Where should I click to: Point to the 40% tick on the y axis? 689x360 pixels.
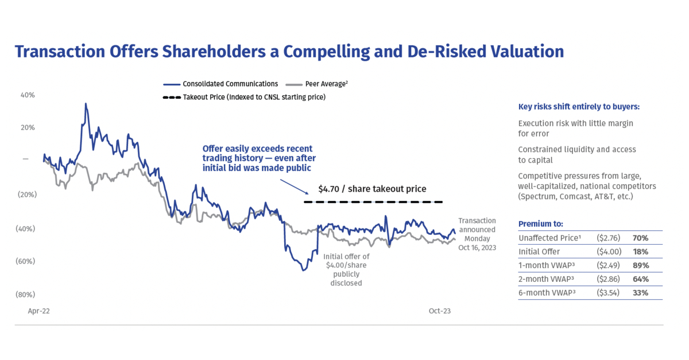tap(28, 95)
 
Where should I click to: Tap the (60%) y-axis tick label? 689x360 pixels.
tap(26, 261)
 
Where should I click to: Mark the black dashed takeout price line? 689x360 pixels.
tap(373, 202)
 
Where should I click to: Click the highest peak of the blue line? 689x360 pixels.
tap(86, 104)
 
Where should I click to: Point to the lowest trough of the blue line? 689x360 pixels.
tap(303, 270)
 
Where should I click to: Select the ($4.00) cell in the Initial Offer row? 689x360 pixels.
tap(609, 251)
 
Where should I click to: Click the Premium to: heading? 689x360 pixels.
tap(540, 223)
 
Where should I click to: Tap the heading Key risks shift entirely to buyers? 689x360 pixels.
tap(578, 107)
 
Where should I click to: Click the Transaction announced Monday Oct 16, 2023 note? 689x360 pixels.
tap(477, 234)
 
